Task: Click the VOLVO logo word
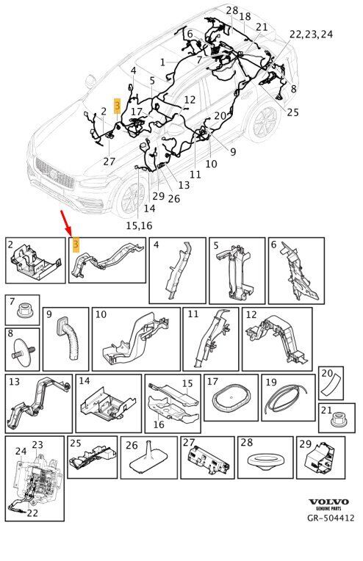point(328,502)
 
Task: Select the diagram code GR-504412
point(331,518)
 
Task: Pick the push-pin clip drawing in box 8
point(23,350)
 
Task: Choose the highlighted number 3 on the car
point(117,106)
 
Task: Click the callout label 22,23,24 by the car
point(311,35)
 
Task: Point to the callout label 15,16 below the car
point(139,225)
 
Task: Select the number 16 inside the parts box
point(159,424)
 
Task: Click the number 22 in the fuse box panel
point(32,513)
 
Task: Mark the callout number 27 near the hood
point(109,162)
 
